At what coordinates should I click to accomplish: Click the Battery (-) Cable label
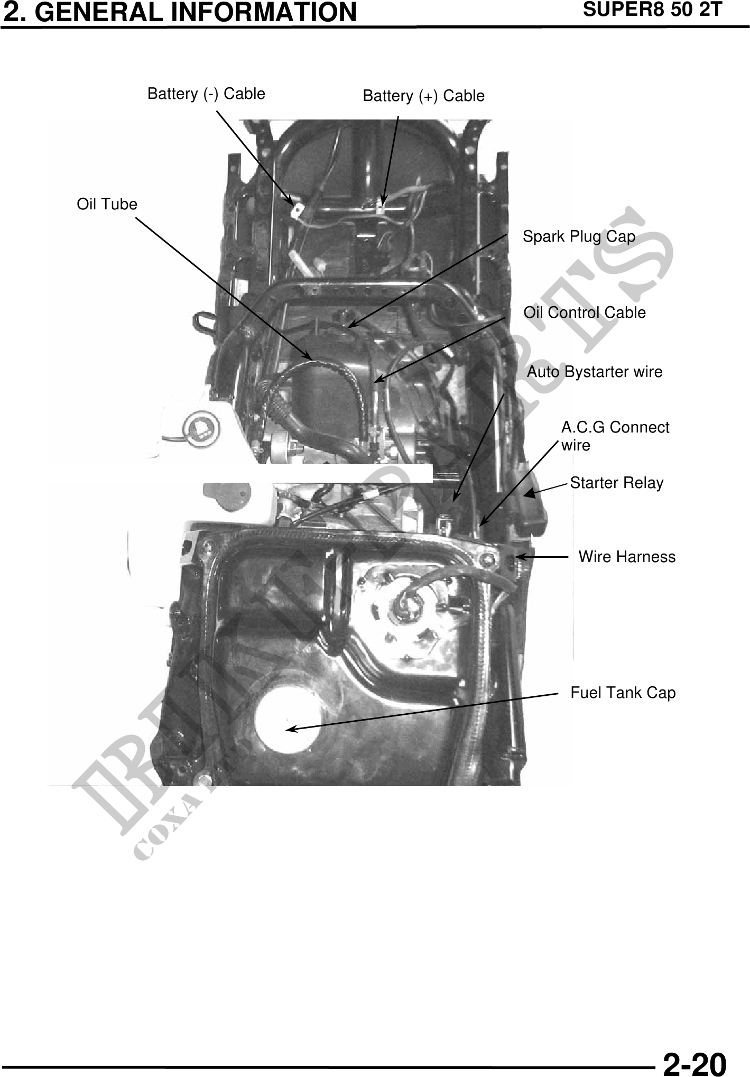tap(206, 94)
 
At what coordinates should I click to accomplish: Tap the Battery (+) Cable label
tap(423, 96)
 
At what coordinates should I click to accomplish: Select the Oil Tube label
tap(107, 204)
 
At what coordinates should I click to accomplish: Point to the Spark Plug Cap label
tap(579, 236)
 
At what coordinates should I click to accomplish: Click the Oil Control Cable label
tap(585, 312)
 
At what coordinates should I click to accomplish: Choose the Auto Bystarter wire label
tap(595, 372)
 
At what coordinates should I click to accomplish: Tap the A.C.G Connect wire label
tap(615, 436)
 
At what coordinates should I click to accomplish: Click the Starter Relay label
tap(616, 483)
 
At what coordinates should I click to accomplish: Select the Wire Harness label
tap(627, 557)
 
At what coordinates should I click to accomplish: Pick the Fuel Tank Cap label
tap(623, 693)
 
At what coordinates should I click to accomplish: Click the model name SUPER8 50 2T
tap(652, 10)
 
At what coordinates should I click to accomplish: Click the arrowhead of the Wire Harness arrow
tap(518, 557)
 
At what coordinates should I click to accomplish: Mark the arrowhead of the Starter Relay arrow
tap(528, 494)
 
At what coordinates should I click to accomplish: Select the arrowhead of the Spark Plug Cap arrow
tap(350, 325)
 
